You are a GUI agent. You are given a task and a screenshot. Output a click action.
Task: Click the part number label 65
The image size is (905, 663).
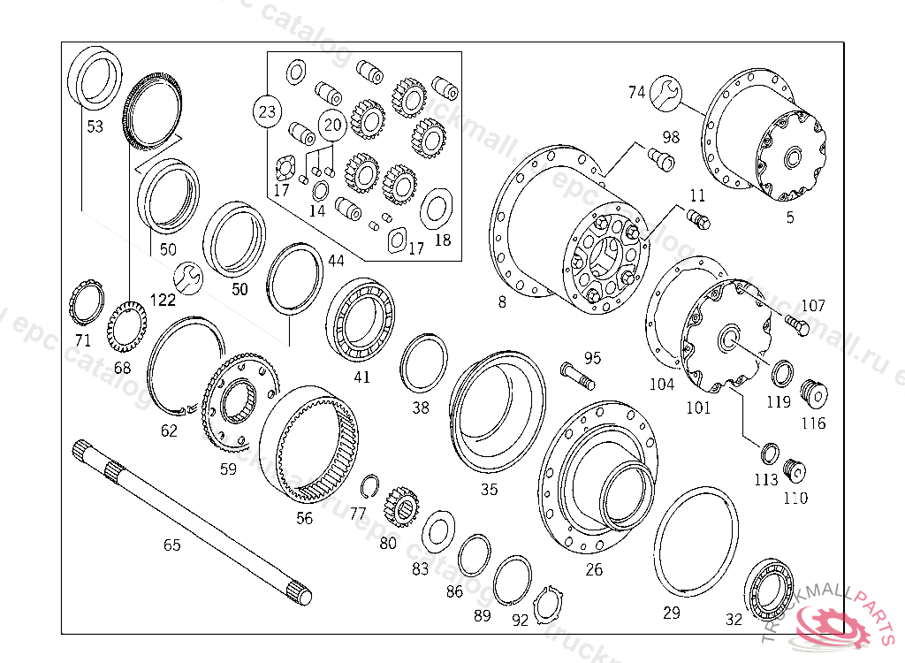point(171,545)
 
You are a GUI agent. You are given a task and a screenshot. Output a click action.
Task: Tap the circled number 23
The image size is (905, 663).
point(268,111)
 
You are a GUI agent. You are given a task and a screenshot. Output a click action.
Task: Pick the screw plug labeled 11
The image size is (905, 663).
point(698,217)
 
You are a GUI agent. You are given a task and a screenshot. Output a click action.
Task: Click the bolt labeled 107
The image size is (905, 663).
point(796,327)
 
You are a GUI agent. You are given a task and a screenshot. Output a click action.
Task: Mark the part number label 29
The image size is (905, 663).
point(672,613)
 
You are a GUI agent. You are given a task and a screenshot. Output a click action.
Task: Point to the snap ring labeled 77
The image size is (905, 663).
point(370,487)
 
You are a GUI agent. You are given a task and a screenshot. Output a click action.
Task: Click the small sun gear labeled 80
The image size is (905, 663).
point(400,507)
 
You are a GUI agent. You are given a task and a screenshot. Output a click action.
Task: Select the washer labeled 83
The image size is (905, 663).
point(437,531)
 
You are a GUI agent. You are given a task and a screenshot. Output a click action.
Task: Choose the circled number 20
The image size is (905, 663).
point(332,126)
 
